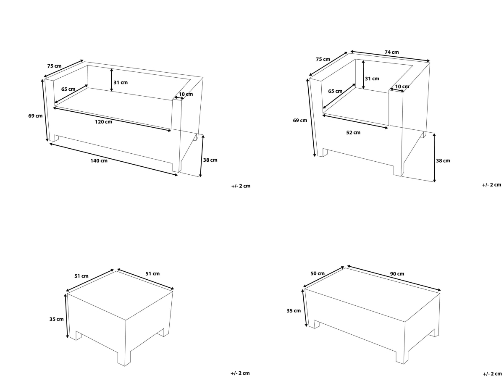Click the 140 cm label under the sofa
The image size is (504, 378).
click(99, 161)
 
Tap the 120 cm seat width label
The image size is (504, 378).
click(104, 122)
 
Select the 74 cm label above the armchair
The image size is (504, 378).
click(392, 52)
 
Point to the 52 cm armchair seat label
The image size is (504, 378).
click(353, 132)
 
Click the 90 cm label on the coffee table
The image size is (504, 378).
click(397, 274)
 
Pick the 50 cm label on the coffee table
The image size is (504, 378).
click(318, 273)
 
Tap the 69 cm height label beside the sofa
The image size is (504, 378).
click(35, 116)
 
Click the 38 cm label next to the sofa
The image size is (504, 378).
click(210, 160)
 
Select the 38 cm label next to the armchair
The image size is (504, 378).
click(443, 161)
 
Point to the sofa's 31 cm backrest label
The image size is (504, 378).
click(121, 82)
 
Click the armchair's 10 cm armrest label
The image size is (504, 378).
click(402, 87)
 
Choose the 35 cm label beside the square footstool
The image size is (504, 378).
click(56, 319)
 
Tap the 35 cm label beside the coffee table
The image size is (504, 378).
click(294, 311)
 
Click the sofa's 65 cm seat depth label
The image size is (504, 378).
click(68, 89)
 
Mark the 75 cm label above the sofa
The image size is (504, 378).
click(55, 66)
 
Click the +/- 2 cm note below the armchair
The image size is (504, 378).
click(491, 185)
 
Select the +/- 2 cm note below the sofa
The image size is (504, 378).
click(241, 186)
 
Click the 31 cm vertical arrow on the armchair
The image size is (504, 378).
click(363, 75)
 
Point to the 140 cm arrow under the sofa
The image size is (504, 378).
click(113, 160)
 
